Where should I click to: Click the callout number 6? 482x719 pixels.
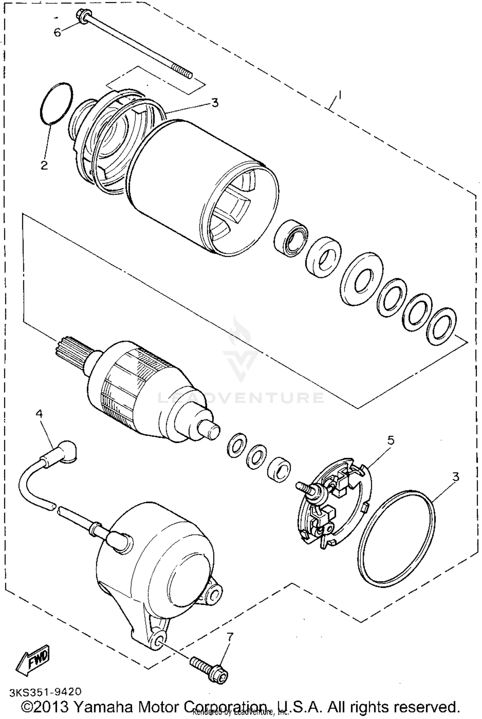tap(57, 32)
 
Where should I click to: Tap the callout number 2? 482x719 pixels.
tap(44, 165)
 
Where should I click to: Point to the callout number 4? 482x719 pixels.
tap(39, 414)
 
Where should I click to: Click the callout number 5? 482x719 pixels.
tap(390, 440)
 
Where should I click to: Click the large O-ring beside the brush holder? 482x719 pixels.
tap(396, 538)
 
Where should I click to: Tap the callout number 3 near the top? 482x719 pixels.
tap(215, 103)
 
